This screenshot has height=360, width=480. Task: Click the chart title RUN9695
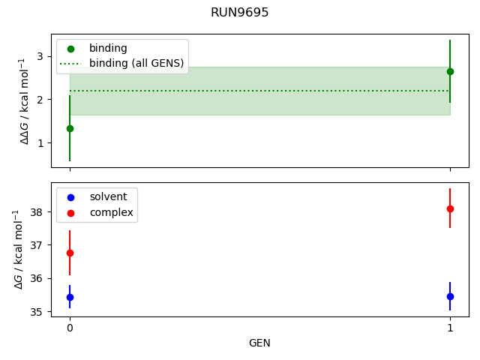pos(240,13)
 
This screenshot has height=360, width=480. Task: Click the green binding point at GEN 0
pos(70,128)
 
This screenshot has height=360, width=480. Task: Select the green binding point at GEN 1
pos(450,71)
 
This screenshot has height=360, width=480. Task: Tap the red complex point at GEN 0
pos(70,253)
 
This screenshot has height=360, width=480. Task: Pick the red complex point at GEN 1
pos(450,208)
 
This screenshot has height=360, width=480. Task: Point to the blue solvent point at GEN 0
pos(70,297)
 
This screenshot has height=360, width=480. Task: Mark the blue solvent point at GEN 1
pos(450,296)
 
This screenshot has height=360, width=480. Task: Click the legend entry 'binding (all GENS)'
pos(136,63)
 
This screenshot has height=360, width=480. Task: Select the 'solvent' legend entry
pos(108,197)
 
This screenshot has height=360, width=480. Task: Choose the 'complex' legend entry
pos(111,213)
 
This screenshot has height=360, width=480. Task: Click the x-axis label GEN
pos(259,343)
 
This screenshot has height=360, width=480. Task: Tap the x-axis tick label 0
pos(70,328)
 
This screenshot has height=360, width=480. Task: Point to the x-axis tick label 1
pos(450,328)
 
